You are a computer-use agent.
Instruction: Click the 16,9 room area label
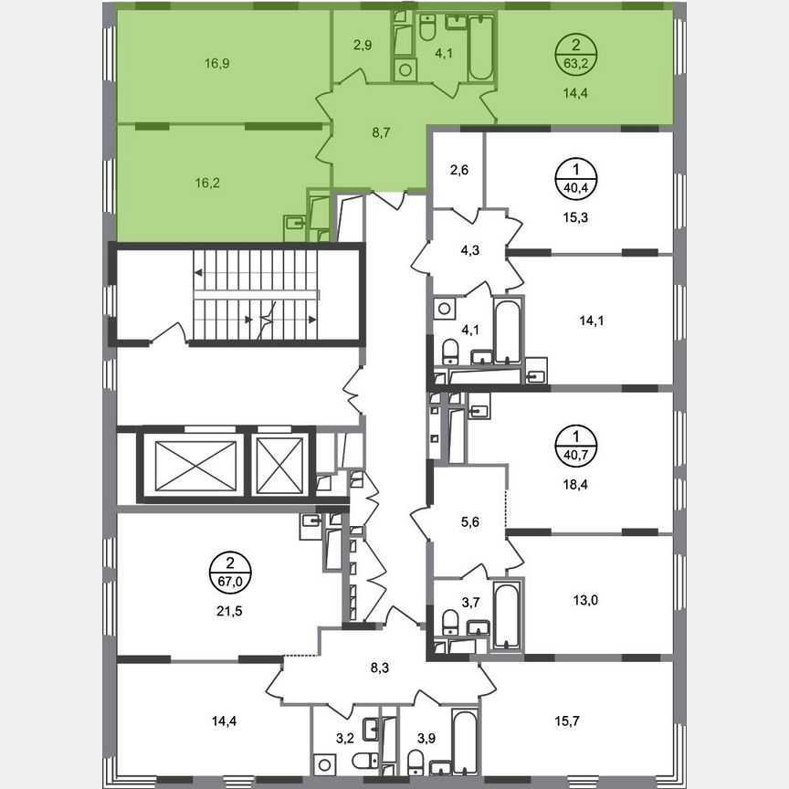coord(217,64)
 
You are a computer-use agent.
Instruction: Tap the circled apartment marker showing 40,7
coord(574,444)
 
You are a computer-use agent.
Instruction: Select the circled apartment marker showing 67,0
coord(231,572)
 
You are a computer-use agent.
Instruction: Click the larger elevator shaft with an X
coord(190,464)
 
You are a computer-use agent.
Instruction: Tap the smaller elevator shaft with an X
coord(279,464)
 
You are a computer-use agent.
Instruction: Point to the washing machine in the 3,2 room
coord(324,761)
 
